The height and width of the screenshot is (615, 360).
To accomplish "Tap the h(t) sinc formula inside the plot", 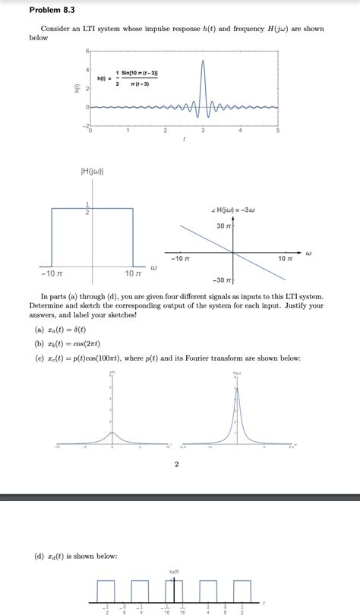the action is click(x=128, y=77).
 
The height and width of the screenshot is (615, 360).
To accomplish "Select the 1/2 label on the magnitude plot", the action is click(x=87, y=208).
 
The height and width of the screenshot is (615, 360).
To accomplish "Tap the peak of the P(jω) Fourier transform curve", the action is click(x=236, y=389).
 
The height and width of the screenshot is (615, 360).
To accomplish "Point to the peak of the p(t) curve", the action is click(x=112, y=433).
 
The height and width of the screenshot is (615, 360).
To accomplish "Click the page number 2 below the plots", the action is click(x=177, y=465).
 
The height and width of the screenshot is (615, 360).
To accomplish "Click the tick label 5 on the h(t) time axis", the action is click(x=277, y=131).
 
